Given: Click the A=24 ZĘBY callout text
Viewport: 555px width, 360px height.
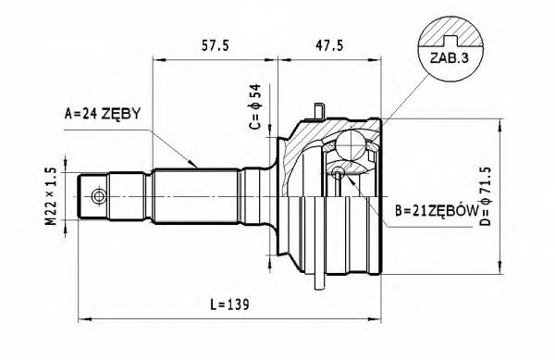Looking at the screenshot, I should tap(101, 114).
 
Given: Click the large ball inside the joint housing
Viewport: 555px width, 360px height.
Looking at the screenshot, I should tap(352, 145).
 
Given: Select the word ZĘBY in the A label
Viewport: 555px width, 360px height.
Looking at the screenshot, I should tap(122, 114).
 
